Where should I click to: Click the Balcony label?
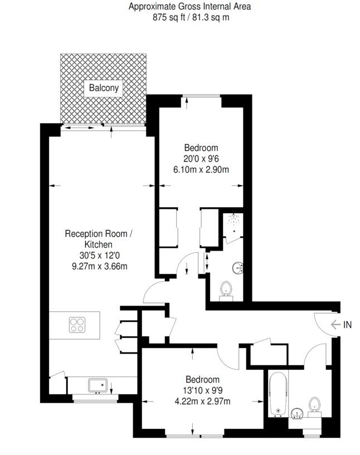[103, 88]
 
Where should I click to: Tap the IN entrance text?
[348, 325]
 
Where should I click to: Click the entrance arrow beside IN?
[335, 325]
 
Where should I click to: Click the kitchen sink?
[98, 385]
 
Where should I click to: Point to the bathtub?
[278, 393]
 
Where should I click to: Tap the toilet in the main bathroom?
[314, 405]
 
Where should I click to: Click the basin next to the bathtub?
[296, 413]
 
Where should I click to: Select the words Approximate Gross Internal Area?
[190, 7]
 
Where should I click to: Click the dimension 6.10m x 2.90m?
[201, 169]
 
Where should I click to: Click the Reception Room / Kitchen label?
[98, 238]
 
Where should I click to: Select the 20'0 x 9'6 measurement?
[201, 159]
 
